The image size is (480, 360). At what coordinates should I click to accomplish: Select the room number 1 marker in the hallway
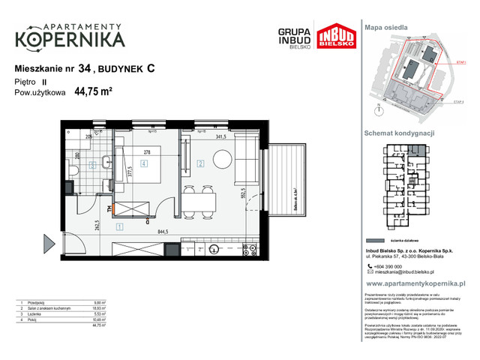(118, 224)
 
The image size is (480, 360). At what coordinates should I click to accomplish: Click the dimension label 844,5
(157, 232)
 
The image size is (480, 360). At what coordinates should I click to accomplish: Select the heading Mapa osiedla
(386, 27)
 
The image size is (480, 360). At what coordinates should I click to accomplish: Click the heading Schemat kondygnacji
(399, 133)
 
